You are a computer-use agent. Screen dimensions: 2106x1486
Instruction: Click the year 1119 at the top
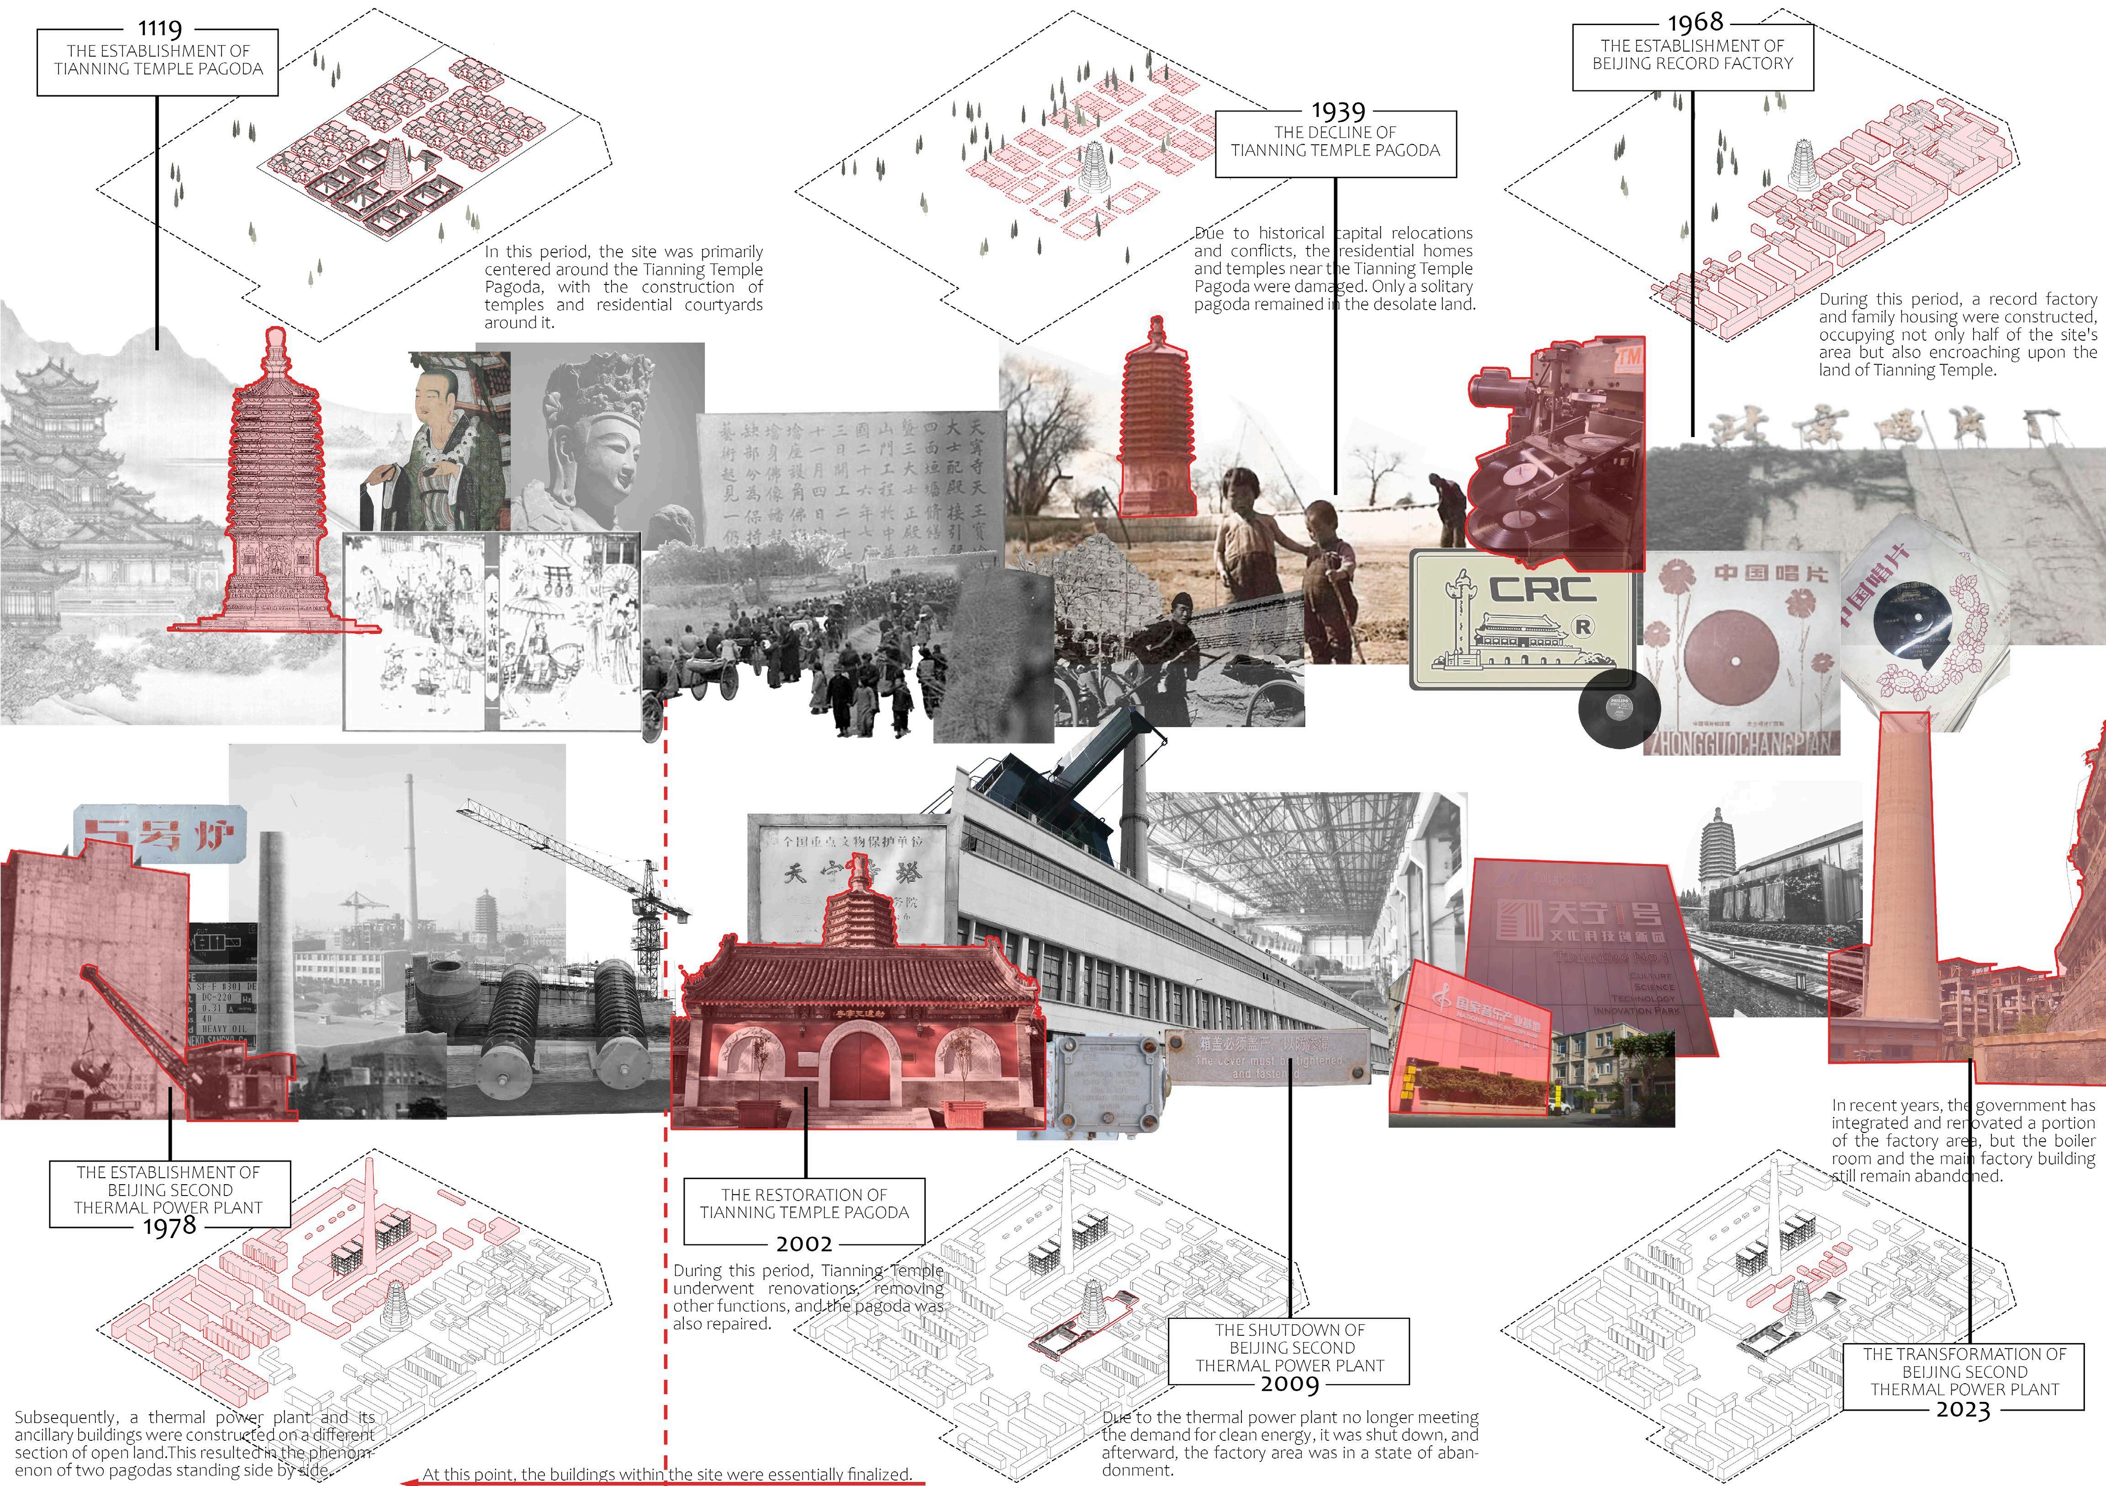[159, 28]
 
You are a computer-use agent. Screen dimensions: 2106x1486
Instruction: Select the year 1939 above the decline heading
[1338, 111]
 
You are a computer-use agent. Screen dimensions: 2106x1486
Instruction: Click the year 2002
[804, 1244]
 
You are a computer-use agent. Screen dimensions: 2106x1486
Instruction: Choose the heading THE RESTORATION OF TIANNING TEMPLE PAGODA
[804, 1203]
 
